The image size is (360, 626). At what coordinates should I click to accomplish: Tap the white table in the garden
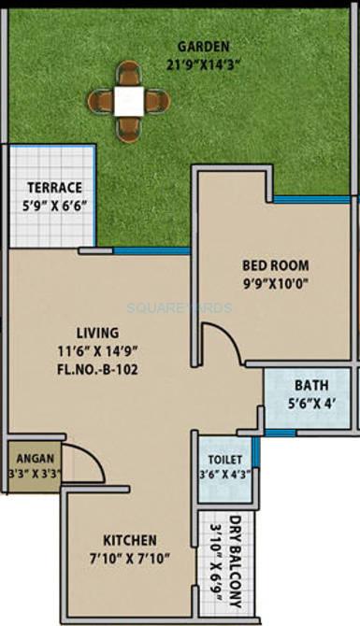[129, 99]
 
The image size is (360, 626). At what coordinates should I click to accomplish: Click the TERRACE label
[54, 187]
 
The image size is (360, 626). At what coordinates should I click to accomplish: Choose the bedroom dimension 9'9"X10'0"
[276, 282]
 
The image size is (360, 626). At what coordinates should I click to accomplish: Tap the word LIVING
[98, 333]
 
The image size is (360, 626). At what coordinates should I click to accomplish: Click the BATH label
[310, 385]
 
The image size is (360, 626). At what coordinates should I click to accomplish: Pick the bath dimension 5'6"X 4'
[310, 405]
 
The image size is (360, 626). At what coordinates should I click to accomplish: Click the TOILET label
[225, 460]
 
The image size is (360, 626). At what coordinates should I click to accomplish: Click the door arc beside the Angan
[82, 460]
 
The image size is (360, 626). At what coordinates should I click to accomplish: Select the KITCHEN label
[131, 540]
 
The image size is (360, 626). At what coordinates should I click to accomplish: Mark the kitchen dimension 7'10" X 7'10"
[131, 559]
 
